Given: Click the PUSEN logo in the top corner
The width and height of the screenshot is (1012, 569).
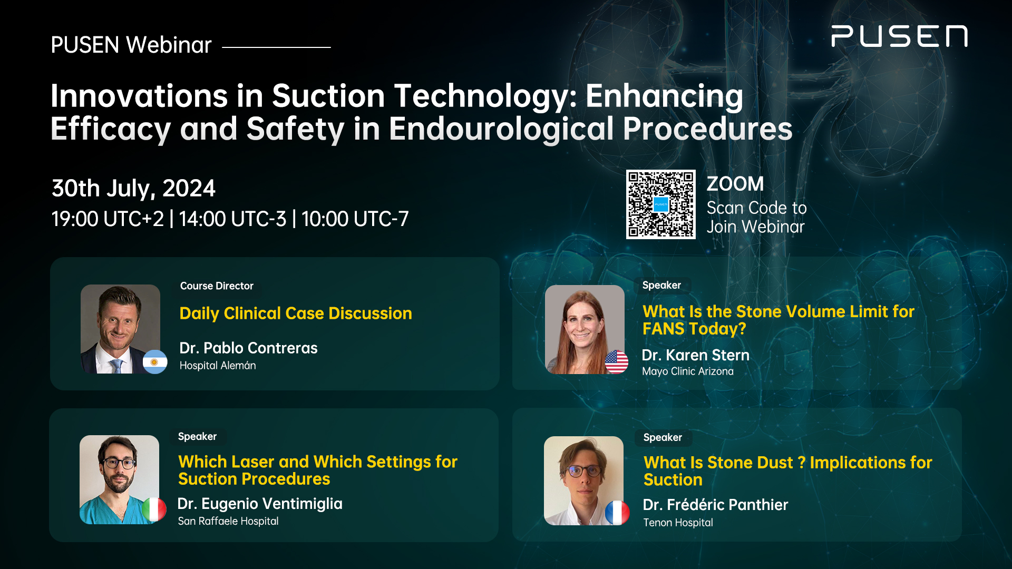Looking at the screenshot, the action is (899, 36).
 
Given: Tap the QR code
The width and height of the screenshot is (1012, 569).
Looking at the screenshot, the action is (660, 204).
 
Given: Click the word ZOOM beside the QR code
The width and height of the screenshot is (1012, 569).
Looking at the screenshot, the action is (735, 184).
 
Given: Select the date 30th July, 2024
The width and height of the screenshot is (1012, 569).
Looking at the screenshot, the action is (133, 189).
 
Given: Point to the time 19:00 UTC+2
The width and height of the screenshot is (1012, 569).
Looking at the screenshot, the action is (108, 219).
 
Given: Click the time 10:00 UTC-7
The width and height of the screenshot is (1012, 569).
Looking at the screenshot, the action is (355, 219).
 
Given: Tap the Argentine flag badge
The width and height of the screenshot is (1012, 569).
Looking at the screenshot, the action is (155, 362).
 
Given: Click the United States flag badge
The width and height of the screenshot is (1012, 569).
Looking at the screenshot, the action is (616, 362).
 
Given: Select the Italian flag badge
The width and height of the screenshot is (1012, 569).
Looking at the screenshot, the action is (154, 509).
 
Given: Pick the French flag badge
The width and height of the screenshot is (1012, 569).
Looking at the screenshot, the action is (617, 513).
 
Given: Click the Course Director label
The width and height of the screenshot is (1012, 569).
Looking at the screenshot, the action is (217, 286).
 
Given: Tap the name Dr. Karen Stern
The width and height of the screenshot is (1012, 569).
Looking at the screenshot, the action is (695, 355).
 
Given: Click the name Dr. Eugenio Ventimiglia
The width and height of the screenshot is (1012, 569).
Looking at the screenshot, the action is (260, 504).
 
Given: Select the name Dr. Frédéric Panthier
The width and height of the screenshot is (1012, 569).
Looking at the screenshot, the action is (715, 505).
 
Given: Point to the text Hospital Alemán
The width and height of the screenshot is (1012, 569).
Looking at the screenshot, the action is (218, 366).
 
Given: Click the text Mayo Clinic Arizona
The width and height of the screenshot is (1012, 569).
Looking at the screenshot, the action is (688, 371).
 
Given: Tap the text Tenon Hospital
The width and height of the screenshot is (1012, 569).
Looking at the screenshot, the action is (678, 523).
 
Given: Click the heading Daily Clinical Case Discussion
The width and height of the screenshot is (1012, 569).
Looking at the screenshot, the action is (296, 313).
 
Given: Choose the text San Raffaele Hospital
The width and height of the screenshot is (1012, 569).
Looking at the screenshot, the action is (228, 521).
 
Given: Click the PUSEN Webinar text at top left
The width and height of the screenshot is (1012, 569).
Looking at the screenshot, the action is (131, 45).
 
